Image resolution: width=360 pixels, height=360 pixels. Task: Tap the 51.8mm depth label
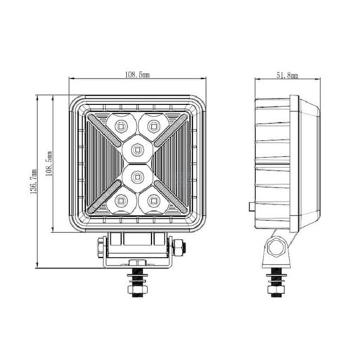click(287, 74)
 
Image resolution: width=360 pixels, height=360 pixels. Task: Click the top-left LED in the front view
click(119, 124)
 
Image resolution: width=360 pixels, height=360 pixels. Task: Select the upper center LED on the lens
click(136, 148)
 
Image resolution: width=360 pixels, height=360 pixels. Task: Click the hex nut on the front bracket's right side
click(181, 248)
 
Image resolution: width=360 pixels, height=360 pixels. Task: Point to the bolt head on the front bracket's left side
click(101, 248)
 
